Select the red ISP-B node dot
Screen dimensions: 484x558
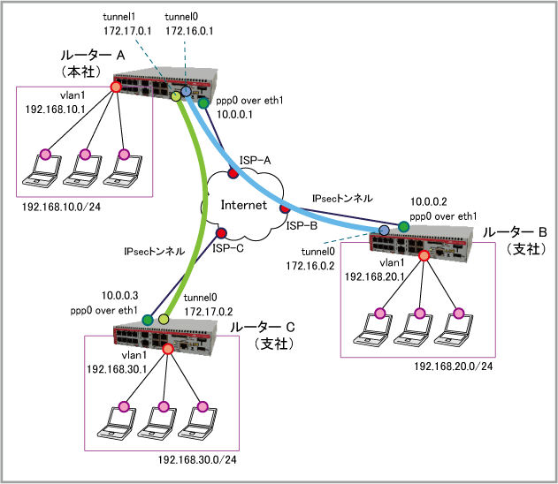(284, 210)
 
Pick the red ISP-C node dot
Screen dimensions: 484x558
(221, 234)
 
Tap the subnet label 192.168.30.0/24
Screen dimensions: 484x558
(198, 459)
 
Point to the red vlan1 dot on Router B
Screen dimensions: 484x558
(424, 256)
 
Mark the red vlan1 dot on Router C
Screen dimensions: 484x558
(168, 349)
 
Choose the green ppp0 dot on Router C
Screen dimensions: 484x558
(149, 319)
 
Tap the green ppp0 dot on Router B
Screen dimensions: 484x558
(403, 227)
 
